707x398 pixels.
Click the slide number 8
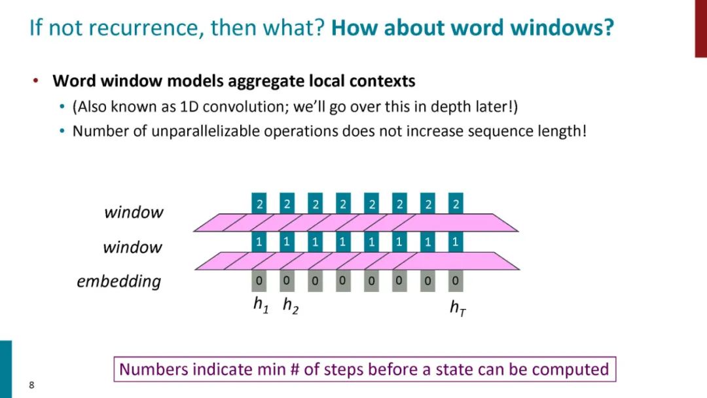click(31, 384)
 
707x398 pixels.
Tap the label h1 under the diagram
click(261, 305)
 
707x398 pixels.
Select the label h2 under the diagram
click(290, 305)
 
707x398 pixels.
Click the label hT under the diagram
click(458, 306)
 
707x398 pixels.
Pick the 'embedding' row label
click(118, 281)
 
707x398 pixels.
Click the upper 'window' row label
click(134, 212)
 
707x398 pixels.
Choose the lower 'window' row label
click(132, 247)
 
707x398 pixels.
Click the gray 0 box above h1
click(259, 281)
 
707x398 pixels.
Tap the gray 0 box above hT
click(456, 281)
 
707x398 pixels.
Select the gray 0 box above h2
click(287, 281)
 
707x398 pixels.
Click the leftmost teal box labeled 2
click(259, 204)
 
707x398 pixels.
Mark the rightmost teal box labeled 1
click(456, 242)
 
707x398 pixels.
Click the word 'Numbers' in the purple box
click(153, 369)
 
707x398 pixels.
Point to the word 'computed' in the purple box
click(570, 369)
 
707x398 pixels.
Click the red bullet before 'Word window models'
click(36, 81)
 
